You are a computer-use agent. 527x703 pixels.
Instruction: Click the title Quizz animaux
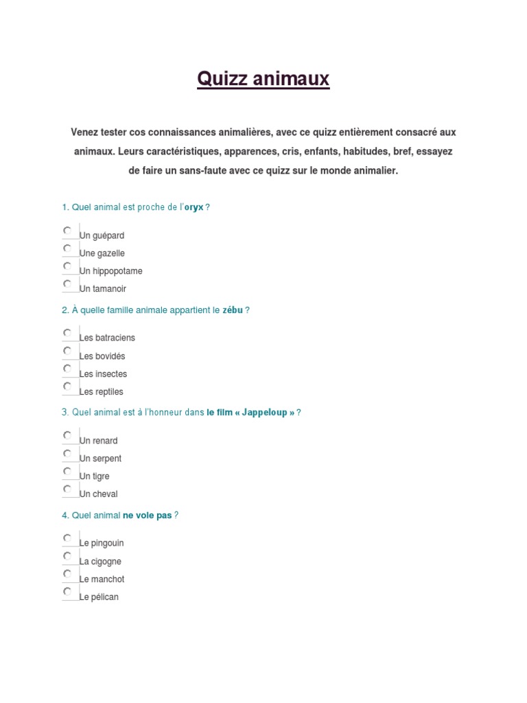pyautogui.click(x=263, y=80)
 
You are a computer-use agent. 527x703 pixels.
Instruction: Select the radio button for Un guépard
pyautogui.click(x=67, y=231)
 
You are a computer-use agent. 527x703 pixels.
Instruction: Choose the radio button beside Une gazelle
pyautogui.click(x=67, y=249)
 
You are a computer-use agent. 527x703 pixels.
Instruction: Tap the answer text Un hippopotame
pyautogui.click(x=111, y=271)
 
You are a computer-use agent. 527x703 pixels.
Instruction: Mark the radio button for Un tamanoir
pyautogui.click(x=67, y=284)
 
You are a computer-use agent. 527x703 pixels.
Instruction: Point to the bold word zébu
pyautogui.click(x=233, y=310)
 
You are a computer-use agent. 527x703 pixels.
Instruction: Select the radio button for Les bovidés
pyautogui.click(x=67, y=351)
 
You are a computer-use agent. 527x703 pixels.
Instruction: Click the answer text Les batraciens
pyautogui.click(x=107, y=338)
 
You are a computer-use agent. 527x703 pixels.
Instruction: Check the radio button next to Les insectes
pyautogui.click(x=67, y=369)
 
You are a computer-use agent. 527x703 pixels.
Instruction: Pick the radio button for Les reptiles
pyautogui.click(x=67, y=387)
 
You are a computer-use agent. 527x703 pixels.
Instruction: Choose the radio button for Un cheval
pyautogui.click(x=67, y=489)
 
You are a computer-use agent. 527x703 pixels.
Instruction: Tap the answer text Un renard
pyautogui.click(x=99, y=441)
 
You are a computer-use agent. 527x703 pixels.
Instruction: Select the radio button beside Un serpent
pyautogui.click(x=67, y=453)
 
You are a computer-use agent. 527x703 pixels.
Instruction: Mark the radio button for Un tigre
pyautogui.click(x=67, y=471)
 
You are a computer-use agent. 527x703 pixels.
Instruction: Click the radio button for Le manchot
pyautogui.click(x=67, y=574)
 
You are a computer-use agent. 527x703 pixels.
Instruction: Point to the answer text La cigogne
pyautogui.click(x=100, y=562)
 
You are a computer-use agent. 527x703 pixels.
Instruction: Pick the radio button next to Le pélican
pyautogui.click(x=67, y=592)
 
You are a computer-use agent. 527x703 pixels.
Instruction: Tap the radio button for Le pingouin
pyautogui.click(x=67, y=538)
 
